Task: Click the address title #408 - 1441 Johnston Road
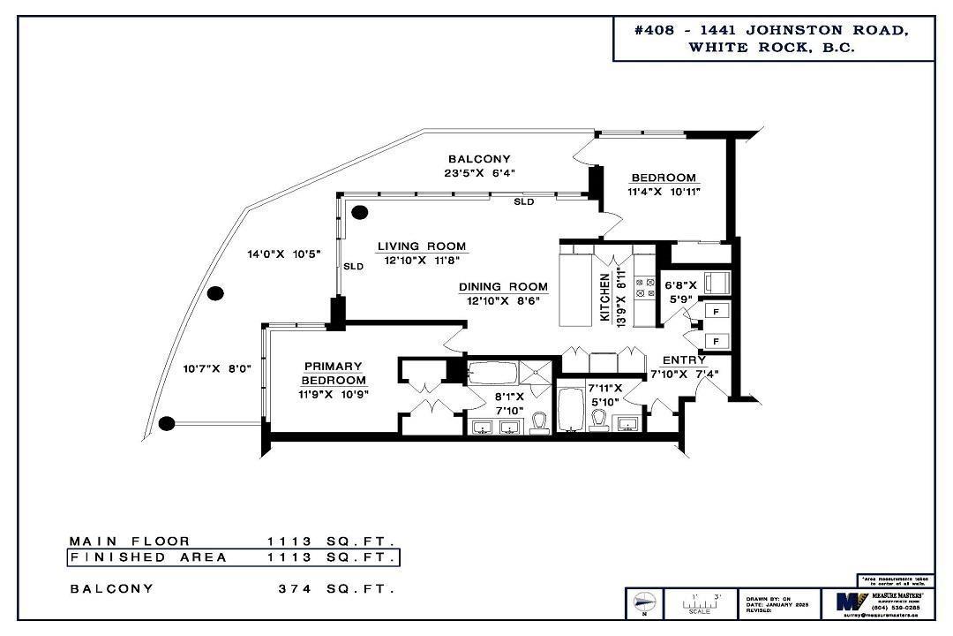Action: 772,30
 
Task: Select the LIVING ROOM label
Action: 422,246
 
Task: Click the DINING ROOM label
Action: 503,287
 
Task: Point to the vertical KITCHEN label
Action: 605,298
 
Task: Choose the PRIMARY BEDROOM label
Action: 333,373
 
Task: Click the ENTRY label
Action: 684,360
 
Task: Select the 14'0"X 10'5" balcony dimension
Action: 282,254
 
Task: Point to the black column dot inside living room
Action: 359,212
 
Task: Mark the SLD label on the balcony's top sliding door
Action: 524,202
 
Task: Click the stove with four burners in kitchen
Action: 644,287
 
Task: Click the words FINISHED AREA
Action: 148,557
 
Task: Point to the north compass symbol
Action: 643,604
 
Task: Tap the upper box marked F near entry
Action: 717,311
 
